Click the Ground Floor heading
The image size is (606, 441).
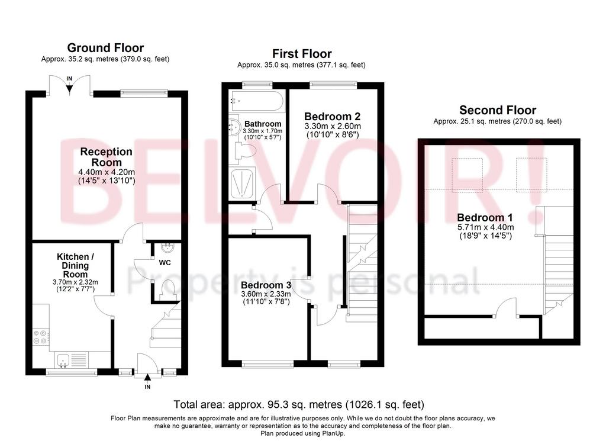105,48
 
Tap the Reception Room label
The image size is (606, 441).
107,157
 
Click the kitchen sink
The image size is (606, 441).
63,360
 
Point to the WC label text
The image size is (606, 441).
165,263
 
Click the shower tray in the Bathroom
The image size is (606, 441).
242,183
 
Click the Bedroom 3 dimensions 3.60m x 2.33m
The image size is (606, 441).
266,294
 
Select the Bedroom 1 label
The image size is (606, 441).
485,218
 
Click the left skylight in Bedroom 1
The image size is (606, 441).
468,175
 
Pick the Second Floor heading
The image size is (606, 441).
498,110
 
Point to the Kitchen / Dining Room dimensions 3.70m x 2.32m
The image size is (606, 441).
75,282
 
